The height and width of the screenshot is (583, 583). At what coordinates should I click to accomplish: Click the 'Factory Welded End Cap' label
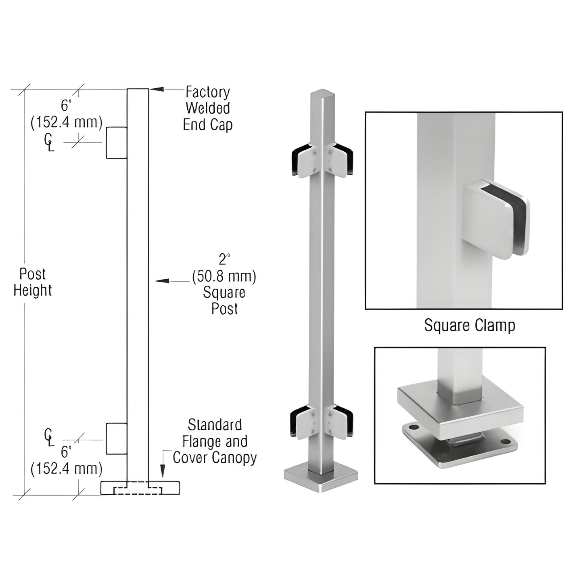(x=207, y=109)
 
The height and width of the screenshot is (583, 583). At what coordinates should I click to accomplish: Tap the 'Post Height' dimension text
(x=32, y=282)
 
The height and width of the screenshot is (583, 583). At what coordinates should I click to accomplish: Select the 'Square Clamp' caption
(x=469, y=325)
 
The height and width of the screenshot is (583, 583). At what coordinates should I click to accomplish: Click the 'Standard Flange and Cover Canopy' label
(x=214, y=441)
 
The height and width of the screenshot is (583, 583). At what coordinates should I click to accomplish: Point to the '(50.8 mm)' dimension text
(x=224, y=276)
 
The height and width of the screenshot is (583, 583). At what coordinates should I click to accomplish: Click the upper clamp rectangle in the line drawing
(x=117, y=142)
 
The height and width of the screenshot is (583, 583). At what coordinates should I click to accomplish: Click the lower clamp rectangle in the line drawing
(x=117, y=439)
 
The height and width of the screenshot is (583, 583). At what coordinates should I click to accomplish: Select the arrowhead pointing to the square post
(x=162, y=280)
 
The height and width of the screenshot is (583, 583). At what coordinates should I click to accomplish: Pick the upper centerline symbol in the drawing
(x=48, y=142)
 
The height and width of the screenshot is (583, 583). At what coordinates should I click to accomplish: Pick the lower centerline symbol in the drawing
(x=48, y=438)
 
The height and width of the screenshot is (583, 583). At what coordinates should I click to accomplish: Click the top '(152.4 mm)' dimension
(x=67, y=122)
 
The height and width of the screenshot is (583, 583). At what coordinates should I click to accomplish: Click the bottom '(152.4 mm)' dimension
(x=67, y=468)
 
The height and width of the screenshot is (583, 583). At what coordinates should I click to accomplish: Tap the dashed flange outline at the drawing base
(x=138, y=491)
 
